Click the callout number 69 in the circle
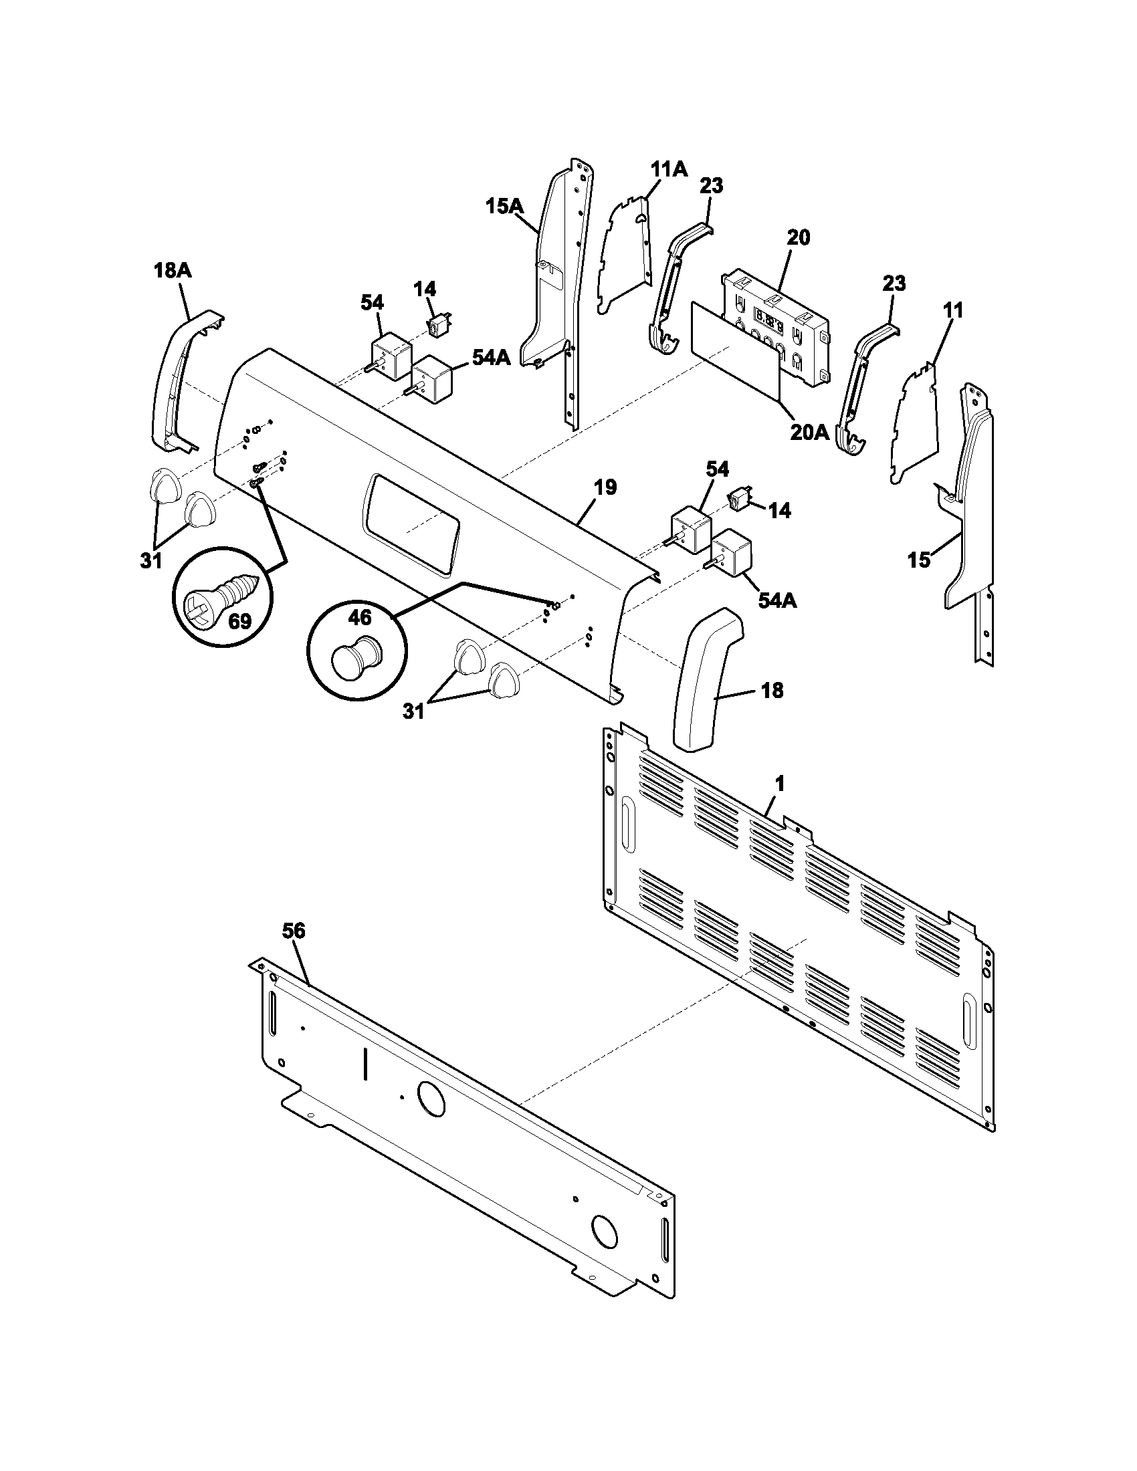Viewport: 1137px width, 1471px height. pos(239,620)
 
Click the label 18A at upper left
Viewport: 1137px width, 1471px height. pos(173,271)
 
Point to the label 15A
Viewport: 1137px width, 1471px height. pos(504,206)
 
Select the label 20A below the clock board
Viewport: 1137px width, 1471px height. pos(810,432)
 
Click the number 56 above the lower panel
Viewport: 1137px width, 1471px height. pos(294,931)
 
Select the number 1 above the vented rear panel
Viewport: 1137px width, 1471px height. pos(779,784)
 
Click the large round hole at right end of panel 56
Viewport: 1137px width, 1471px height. pos(604,1229)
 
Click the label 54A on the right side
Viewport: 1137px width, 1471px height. pos(777,600)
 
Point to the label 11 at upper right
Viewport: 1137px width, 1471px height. pos(952,310)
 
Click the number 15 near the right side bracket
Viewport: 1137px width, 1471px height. pos(919,560)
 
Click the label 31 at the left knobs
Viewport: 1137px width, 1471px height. pos(151,560)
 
